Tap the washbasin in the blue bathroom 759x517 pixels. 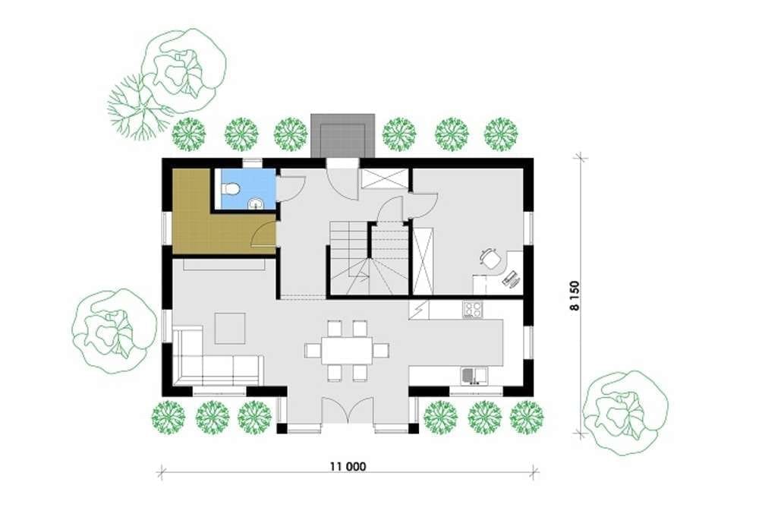tap(255, 203)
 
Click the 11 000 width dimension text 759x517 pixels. tap(348, 467)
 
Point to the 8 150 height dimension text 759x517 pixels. tap(574, 296)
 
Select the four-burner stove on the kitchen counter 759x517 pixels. tap(472, 309)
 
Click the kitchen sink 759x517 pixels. tap(474, 376)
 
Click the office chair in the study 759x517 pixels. tap(490, 258)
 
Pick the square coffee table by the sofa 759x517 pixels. tap(231, 328)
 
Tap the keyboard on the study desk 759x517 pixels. tap(510, 279)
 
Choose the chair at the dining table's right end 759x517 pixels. tap(382, 351)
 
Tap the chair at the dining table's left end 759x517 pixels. tap(313, 351)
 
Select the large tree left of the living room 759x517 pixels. tap(115, 330)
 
